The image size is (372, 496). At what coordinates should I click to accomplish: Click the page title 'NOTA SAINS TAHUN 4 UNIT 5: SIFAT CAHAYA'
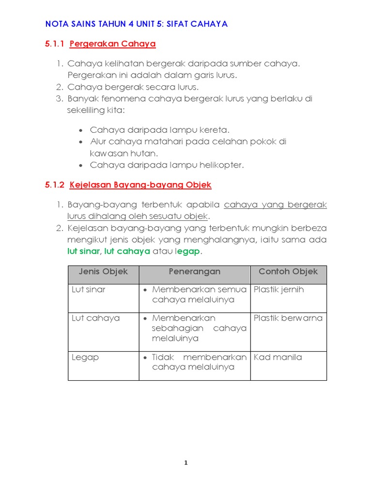coord(136,24)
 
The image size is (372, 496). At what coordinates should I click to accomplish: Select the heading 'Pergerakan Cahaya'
coord(112,44)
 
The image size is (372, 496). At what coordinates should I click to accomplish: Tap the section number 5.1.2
coord(55,185)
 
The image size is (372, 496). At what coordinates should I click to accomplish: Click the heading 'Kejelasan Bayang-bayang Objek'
coord(140,185)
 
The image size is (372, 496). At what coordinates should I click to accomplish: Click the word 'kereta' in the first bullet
coord(214,130)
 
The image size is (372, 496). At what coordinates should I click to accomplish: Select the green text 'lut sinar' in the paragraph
coord(83,252)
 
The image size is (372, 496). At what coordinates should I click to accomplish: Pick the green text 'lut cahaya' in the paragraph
coord(127,252)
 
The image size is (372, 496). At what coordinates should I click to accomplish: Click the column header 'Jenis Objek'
coord(103,272)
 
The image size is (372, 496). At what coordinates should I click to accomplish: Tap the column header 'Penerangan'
coord(194,272)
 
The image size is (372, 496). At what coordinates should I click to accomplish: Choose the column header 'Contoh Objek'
coord(288,272)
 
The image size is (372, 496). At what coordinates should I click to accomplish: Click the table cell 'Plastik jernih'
coord(279,290)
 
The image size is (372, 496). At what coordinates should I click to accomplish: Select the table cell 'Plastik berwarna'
coord(288,318)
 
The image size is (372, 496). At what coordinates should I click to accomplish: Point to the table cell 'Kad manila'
coord(278,357)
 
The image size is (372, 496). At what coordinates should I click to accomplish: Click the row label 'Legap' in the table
coord(85,357)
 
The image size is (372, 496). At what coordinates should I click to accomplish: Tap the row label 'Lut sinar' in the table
coord(88,290)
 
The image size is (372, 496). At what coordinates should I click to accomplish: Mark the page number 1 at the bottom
coord(186,463)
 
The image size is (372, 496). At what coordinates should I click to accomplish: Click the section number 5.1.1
coord(55,44)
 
